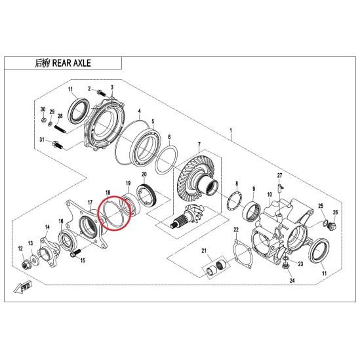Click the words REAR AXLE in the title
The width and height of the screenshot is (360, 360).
point(71,63)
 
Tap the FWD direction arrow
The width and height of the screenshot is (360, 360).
point(22,287)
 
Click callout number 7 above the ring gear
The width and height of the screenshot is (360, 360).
point(199,145)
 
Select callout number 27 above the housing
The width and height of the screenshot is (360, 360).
point(279,176)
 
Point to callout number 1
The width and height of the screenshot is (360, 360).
point(231,130)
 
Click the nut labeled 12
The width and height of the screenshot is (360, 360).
point(26,266)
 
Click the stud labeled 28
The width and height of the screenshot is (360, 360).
point(60,129)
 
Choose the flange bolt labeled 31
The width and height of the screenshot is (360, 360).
point(57,145)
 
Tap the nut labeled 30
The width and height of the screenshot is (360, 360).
point(43,120)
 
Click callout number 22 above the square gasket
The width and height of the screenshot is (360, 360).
point(236,230)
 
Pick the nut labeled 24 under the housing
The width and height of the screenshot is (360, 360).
point(285,266)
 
